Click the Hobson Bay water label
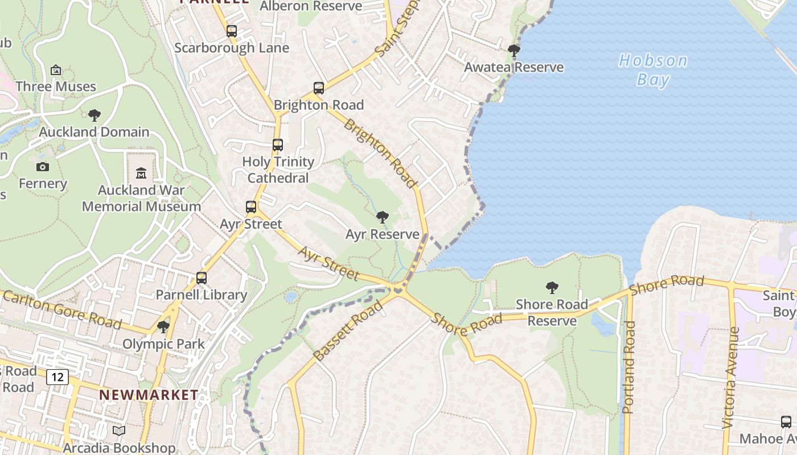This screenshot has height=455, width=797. pos(653,69)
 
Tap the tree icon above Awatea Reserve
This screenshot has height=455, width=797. pos(514,51)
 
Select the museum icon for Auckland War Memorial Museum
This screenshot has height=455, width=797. pos(141,173)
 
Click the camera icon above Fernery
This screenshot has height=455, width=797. pos(43,167)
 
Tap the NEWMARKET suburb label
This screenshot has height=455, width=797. pos(149,394)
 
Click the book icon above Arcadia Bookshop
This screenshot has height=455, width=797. pos(119,431)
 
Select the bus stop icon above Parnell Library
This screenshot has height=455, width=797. pos(202,278)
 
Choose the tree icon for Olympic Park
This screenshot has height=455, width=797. pos(163,327)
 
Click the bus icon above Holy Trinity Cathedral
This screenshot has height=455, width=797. pos(278,145)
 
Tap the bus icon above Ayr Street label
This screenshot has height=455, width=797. pos(251,207)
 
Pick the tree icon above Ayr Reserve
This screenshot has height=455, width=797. pos(383,217)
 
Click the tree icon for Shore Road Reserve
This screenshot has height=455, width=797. pos(552,288)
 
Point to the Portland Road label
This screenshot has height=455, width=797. pos(628,367)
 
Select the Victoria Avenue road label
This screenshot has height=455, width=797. pos(730,377)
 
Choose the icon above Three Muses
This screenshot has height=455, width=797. pos(56,70)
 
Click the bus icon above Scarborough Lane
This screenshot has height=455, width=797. pos(232,31)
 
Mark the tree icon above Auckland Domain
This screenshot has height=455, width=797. pos(95,115)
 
